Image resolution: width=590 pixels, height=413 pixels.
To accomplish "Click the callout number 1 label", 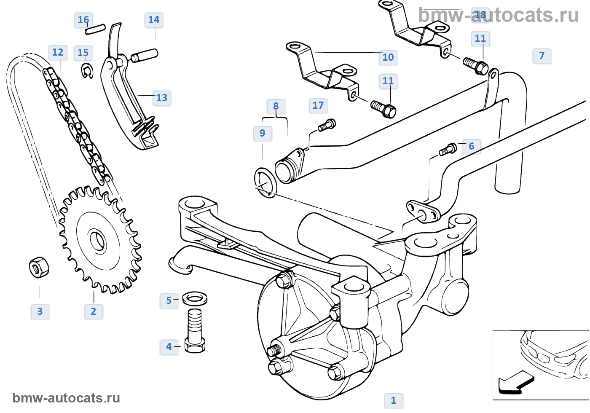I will point(394,400).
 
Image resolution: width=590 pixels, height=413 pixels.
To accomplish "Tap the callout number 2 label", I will point(94,311).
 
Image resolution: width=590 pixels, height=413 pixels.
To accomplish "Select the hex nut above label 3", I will point(39,267).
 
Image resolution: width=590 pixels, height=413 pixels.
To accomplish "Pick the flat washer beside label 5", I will point(195,299).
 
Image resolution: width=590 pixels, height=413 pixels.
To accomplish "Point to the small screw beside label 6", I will point(448,149).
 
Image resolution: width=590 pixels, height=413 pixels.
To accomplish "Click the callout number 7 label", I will point(542,56).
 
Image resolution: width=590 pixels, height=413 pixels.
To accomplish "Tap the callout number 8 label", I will point(276,106).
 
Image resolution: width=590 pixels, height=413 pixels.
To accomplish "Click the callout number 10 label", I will point(388,57).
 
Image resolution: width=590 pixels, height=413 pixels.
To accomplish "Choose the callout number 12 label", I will point(58,52).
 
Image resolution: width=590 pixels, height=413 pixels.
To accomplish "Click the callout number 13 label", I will point(162,98).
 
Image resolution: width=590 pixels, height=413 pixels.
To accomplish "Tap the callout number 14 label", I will point(154,20).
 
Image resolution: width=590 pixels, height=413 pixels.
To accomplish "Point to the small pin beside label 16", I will point(95,29).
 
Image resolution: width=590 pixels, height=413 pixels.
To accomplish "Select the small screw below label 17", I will point(327,125).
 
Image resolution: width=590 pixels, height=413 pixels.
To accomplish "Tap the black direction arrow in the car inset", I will point(515,383).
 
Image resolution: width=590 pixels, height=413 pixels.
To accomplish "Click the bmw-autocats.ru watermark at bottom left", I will point(66,398).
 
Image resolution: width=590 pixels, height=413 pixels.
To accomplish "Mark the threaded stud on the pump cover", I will point(274,350).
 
